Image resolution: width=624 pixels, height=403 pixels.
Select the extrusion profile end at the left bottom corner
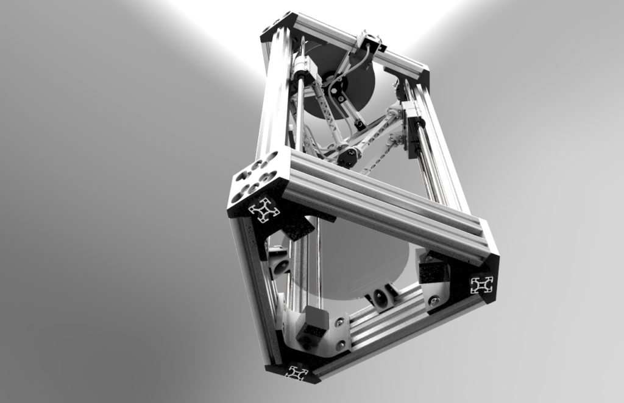(264, 211)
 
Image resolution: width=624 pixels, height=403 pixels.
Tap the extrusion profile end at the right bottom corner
(481, 284)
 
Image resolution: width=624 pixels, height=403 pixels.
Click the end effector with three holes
(346, 156)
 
